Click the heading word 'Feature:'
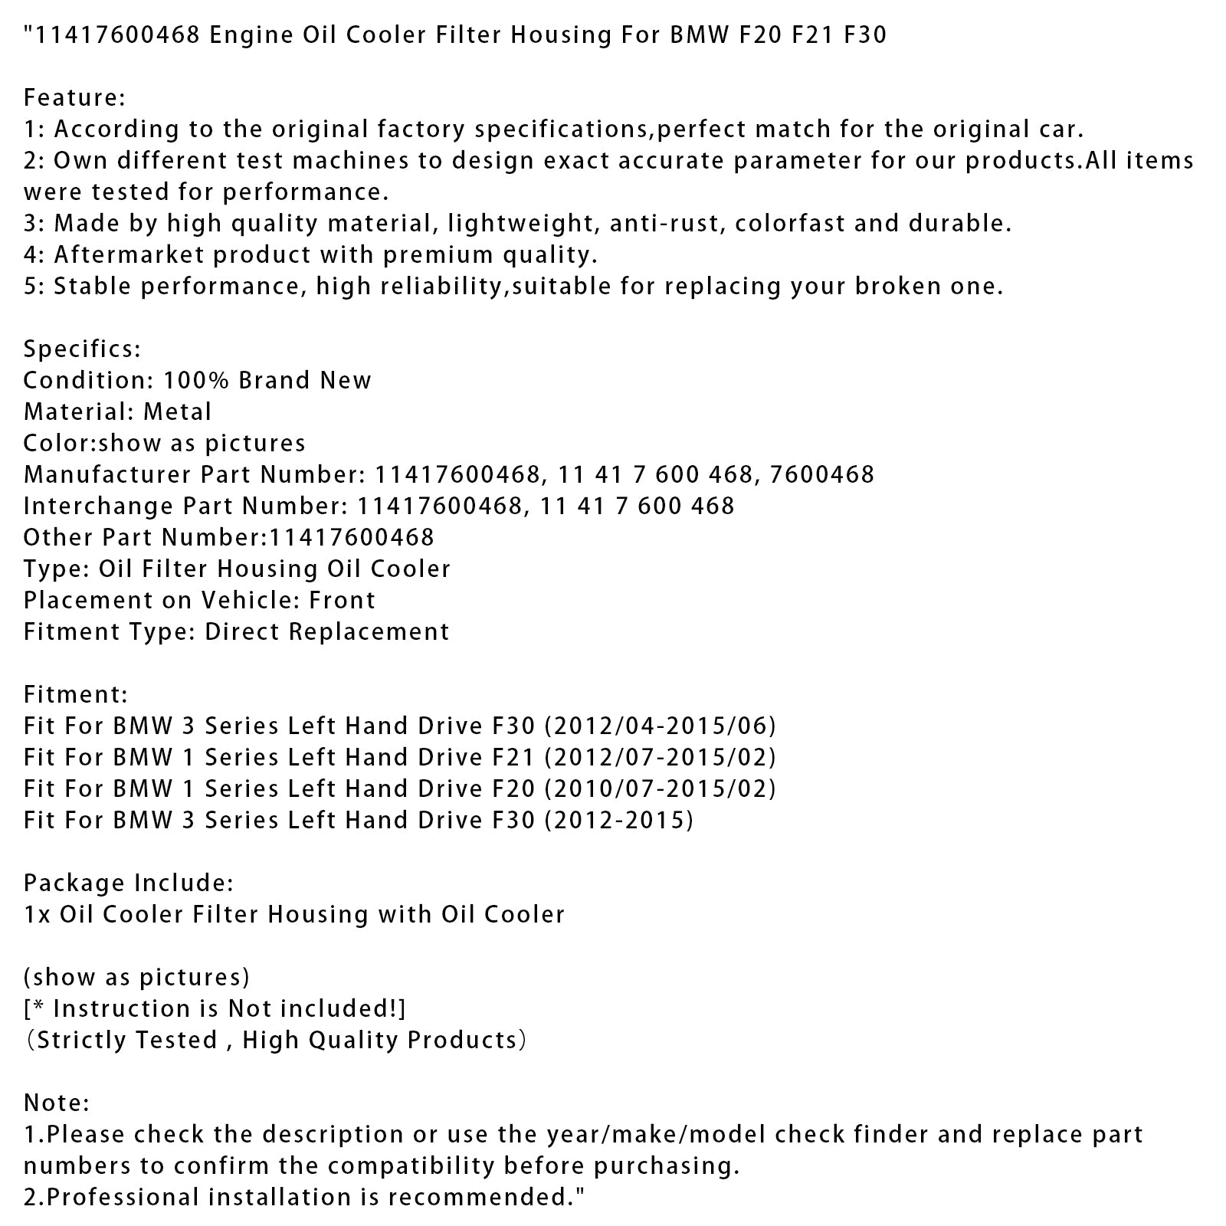pyautogui.click(x=74, y=98)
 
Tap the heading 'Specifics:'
pyautogui.click(x=82, y=349)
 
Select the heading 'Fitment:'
pyautogui.click(x=76, y=695)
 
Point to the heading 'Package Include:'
pyautogui.click(x=129, y=883)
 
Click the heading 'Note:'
pyautogui.click(x=57, y=1103)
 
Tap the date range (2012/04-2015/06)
pyautogui.click(x=660, y=726)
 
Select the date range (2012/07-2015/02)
pyautogui.click(x=660, y=757)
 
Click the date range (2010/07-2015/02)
pyautogui.click(x=660, y=788)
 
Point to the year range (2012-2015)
pyautogui.click(x=618, y=821)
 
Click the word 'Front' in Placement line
pyautogui.click(x=342, y=600)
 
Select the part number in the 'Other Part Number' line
pyautogui.click(x=350, y=537)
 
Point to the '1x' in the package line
pyautogui.click(x=38, y=915)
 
